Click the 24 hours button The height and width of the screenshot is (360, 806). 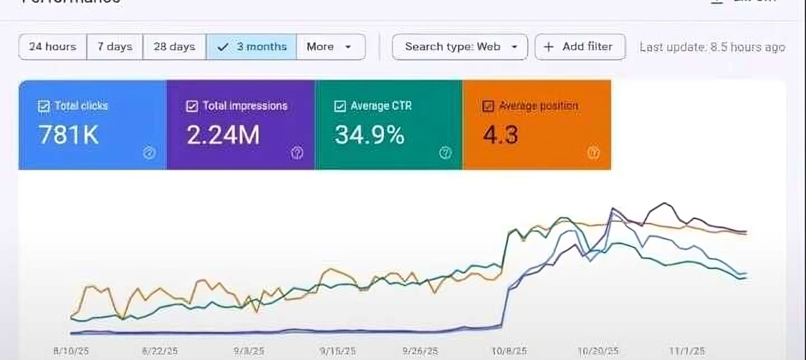tap(52, 47)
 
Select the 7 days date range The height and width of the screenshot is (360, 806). tap(115, 47)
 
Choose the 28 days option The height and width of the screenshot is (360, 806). tap(174, 47)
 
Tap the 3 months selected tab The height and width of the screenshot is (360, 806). tap(252, 47)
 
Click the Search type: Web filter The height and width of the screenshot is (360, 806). tap(460, 47)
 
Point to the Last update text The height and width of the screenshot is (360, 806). tap(712, 47)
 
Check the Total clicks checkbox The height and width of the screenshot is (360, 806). tap(43, 106)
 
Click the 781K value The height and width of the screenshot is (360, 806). tap(68, 135)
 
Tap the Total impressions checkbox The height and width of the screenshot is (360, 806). tap(192, 106)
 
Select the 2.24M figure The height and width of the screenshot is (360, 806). tap(223, 135)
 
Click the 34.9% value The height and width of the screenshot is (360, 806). tap(370, 135)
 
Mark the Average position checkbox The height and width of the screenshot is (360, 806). tap(488, 106)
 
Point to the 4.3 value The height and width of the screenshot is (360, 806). tap(500, 135)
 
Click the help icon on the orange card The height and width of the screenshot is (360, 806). tap(593, 152)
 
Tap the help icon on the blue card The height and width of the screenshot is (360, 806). tap(150, 152)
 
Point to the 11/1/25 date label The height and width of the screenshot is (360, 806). tap(686, 351)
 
